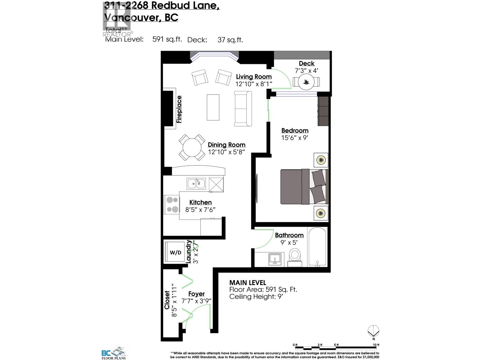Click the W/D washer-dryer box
click(x=175, y=253)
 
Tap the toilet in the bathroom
click(x=295, y=256)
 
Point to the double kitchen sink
click(x=196, y=184)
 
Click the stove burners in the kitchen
click(x=172, y=205)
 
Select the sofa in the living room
click(x=243, y=109)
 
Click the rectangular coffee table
click(x=213, y=107)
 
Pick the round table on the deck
click(x=306, y=82)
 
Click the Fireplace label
click(x=179, y=109)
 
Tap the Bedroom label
click(x=295, y=130)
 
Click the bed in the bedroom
click(x=304, y=187)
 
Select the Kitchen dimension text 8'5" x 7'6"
click(x=200, y=210)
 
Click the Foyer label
click(x=196, y=294)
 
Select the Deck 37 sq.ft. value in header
click(x=230, y=40)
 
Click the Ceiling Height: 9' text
click(x=256, y=297)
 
